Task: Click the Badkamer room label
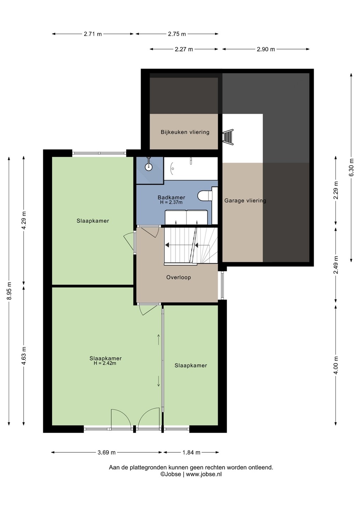tap(172, 198)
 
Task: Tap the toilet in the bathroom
tap(204, 195)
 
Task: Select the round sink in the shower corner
tap(149, 167)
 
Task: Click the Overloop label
tap(179, 277)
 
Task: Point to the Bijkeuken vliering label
tap(185, 132)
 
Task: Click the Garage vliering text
tap(245, 201)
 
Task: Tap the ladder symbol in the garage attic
tap(228, 136)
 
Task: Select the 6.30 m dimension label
tap(352, 167)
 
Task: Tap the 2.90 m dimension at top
tap(266, 49)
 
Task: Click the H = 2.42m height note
tap(105, 363)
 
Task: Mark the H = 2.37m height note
tap(171, 202)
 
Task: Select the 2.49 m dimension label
tap(336, 265)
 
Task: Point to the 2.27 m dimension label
tap(184, 49)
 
